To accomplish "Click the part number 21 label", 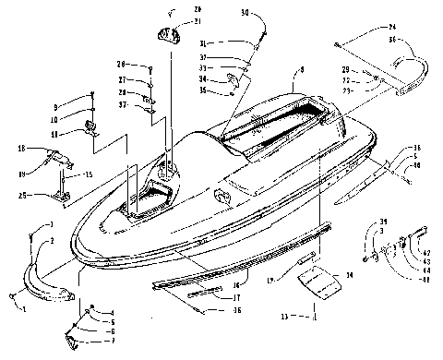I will click(x=197, y=20).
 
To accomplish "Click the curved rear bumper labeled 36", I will click(x=407, y=69).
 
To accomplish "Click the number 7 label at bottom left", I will click(x=112, y=341).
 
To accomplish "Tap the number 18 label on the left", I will click(x=20, y=148).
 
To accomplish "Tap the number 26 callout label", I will click(x=121, y=64).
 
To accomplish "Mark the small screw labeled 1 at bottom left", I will click(x=13, y=295).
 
